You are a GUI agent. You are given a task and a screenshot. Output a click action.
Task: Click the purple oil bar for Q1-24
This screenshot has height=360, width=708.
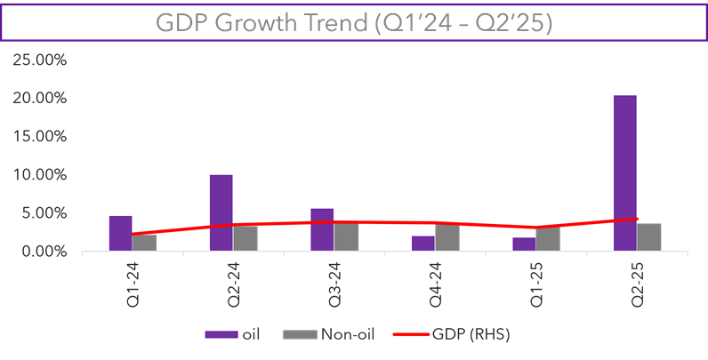click(120, 233)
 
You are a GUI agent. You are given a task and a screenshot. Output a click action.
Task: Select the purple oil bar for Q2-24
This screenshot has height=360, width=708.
click(221, 212)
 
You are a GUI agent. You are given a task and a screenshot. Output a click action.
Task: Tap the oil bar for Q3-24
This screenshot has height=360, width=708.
click(322, 229)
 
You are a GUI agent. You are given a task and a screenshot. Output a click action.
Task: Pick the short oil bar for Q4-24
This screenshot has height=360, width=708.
click(422, 243)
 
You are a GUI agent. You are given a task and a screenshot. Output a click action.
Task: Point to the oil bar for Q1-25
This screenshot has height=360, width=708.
click(524, 244)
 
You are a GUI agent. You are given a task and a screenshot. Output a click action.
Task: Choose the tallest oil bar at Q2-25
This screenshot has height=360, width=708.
click(624, 172)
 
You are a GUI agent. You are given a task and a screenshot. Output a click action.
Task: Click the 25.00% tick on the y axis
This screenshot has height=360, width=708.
click(40, 60)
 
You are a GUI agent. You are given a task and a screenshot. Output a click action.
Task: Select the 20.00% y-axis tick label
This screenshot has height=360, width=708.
click(40, 99)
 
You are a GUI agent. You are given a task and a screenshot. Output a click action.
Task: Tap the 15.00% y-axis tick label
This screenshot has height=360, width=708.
click(40, 137)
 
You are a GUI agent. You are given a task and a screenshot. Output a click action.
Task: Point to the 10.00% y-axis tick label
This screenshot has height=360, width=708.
click(40, 175)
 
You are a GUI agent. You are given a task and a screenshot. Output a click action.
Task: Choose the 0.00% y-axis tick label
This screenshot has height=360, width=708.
click(43, 252)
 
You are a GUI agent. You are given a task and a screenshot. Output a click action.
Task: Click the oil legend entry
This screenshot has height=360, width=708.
click(235, 334)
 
